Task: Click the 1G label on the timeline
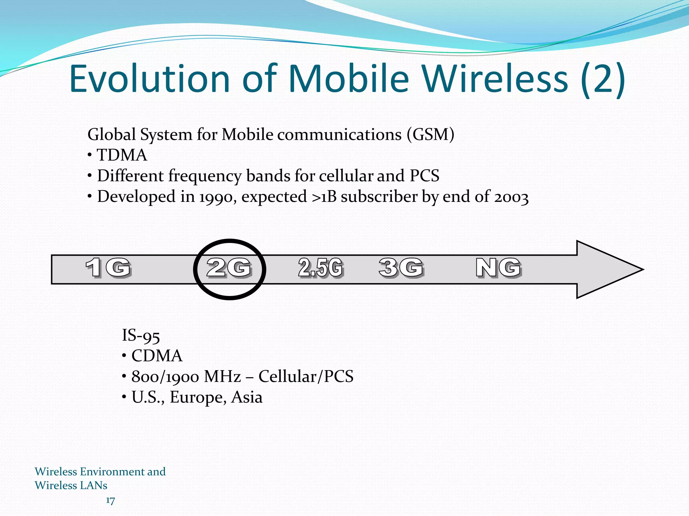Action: tap(108, 268)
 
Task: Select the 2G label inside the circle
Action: tap(229, 268)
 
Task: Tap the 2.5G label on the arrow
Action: tap(320, 268)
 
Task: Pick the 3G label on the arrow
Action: tap(401, 268)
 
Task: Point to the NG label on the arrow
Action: tap(499, 268)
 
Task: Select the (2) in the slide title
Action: tap(603, 80)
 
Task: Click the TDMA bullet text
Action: tap(122, 156)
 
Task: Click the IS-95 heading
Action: tap(141, 336)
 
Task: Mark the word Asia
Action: tap(247, 397)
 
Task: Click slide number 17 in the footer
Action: tap(110, 501)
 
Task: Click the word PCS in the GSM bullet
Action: tap(425, 176)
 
